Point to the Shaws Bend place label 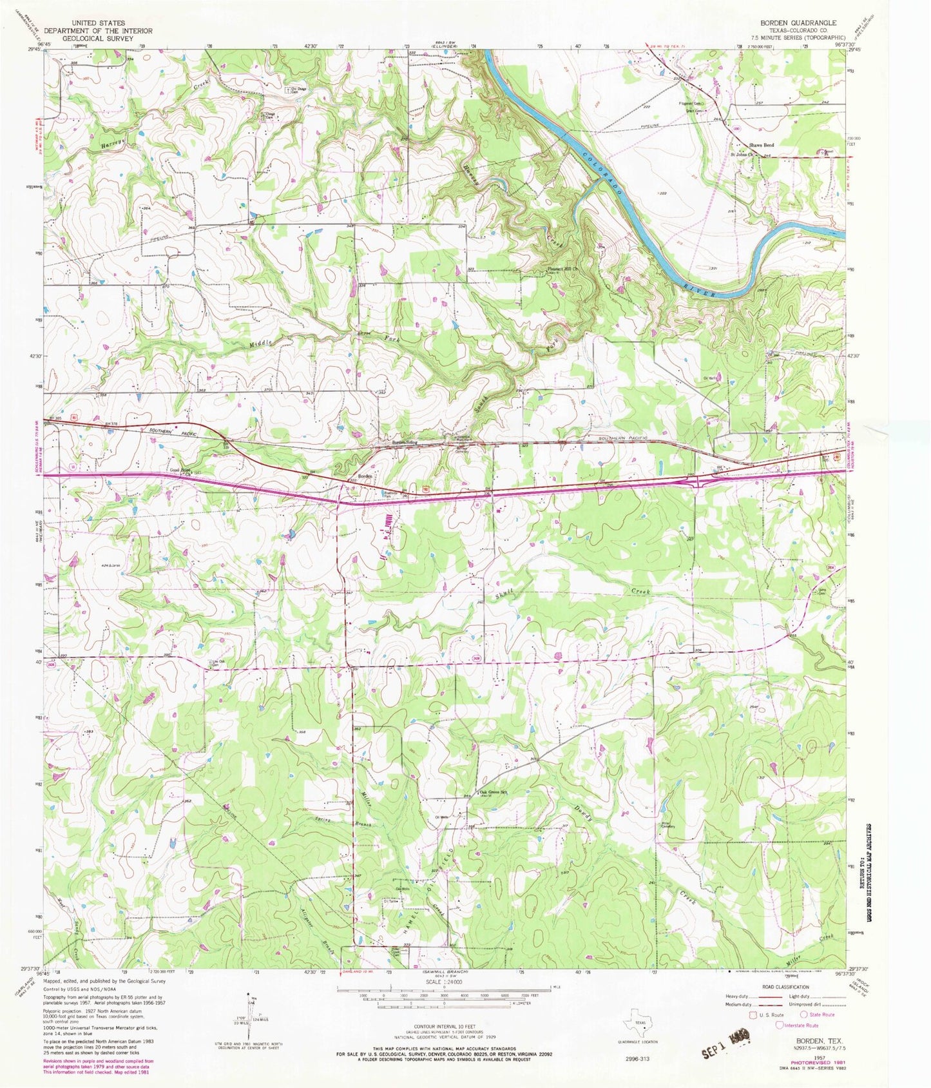pyautogui.click(x=760, y=146)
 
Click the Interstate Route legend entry pyautogui.click(x=801, y=1025)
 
